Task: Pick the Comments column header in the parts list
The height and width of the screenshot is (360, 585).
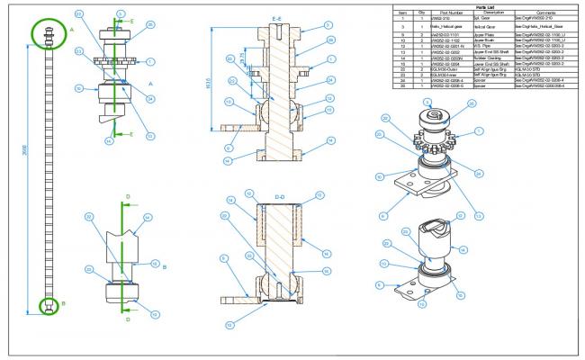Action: pos(546,13)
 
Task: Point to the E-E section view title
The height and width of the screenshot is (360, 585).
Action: pos(281,17)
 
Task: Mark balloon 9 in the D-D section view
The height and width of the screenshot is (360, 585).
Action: pos(222,257)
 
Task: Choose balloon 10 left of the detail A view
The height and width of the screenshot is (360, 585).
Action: pos(78,88)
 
